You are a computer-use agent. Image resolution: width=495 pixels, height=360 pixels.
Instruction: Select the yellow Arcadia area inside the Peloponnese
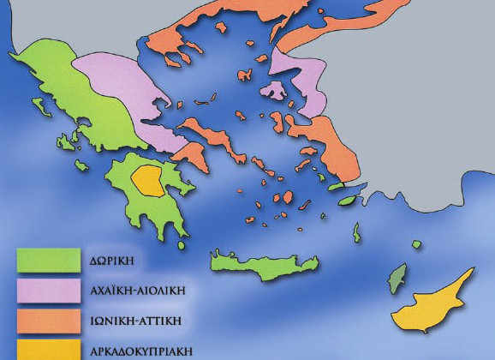(x=150, y=181)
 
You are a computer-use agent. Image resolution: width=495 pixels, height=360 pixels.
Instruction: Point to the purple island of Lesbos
(x=276, y=89)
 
